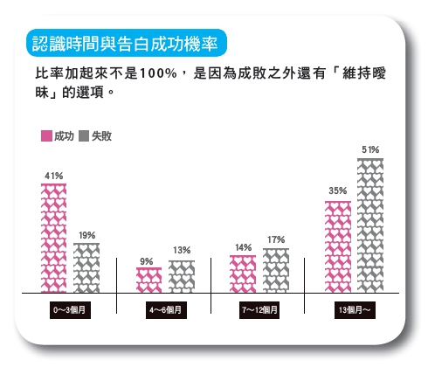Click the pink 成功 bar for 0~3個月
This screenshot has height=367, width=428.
(x=54, y=238)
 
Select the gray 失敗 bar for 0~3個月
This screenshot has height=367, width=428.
(x=86, y=267)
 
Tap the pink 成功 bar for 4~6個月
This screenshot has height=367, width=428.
(x=148, y=280)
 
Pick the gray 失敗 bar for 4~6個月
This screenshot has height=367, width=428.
(x=181, y=276)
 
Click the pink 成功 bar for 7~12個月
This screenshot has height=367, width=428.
(x=243, y=274)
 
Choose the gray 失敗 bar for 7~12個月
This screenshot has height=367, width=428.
(x=275, y=270)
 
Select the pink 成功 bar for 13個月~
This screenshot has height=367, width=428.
(x=338, y=246)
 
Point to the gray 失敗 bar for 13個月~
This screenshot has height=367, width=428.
(x=370, y=225)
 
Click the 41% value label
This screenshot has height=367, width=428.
(x=54, y=177)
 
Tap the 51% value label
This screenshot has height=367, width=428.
(x=370, y=150)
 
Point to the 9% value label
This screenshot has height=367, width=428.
(x=147, y=261)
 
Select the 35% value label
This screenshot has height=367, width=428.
(x=338, y=191)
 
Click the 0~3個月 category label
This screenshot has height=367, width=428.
(x=72, y=311)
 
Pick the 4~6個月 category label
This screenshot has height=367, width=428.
(x=165, y=311)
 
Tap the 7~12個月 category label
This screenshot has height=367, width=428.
(x=259, y=311)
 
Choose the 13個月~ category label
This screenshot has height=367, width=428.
(x=354, y=311)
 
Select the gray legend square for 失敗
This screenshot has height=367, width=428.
(x=85, y=136)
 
